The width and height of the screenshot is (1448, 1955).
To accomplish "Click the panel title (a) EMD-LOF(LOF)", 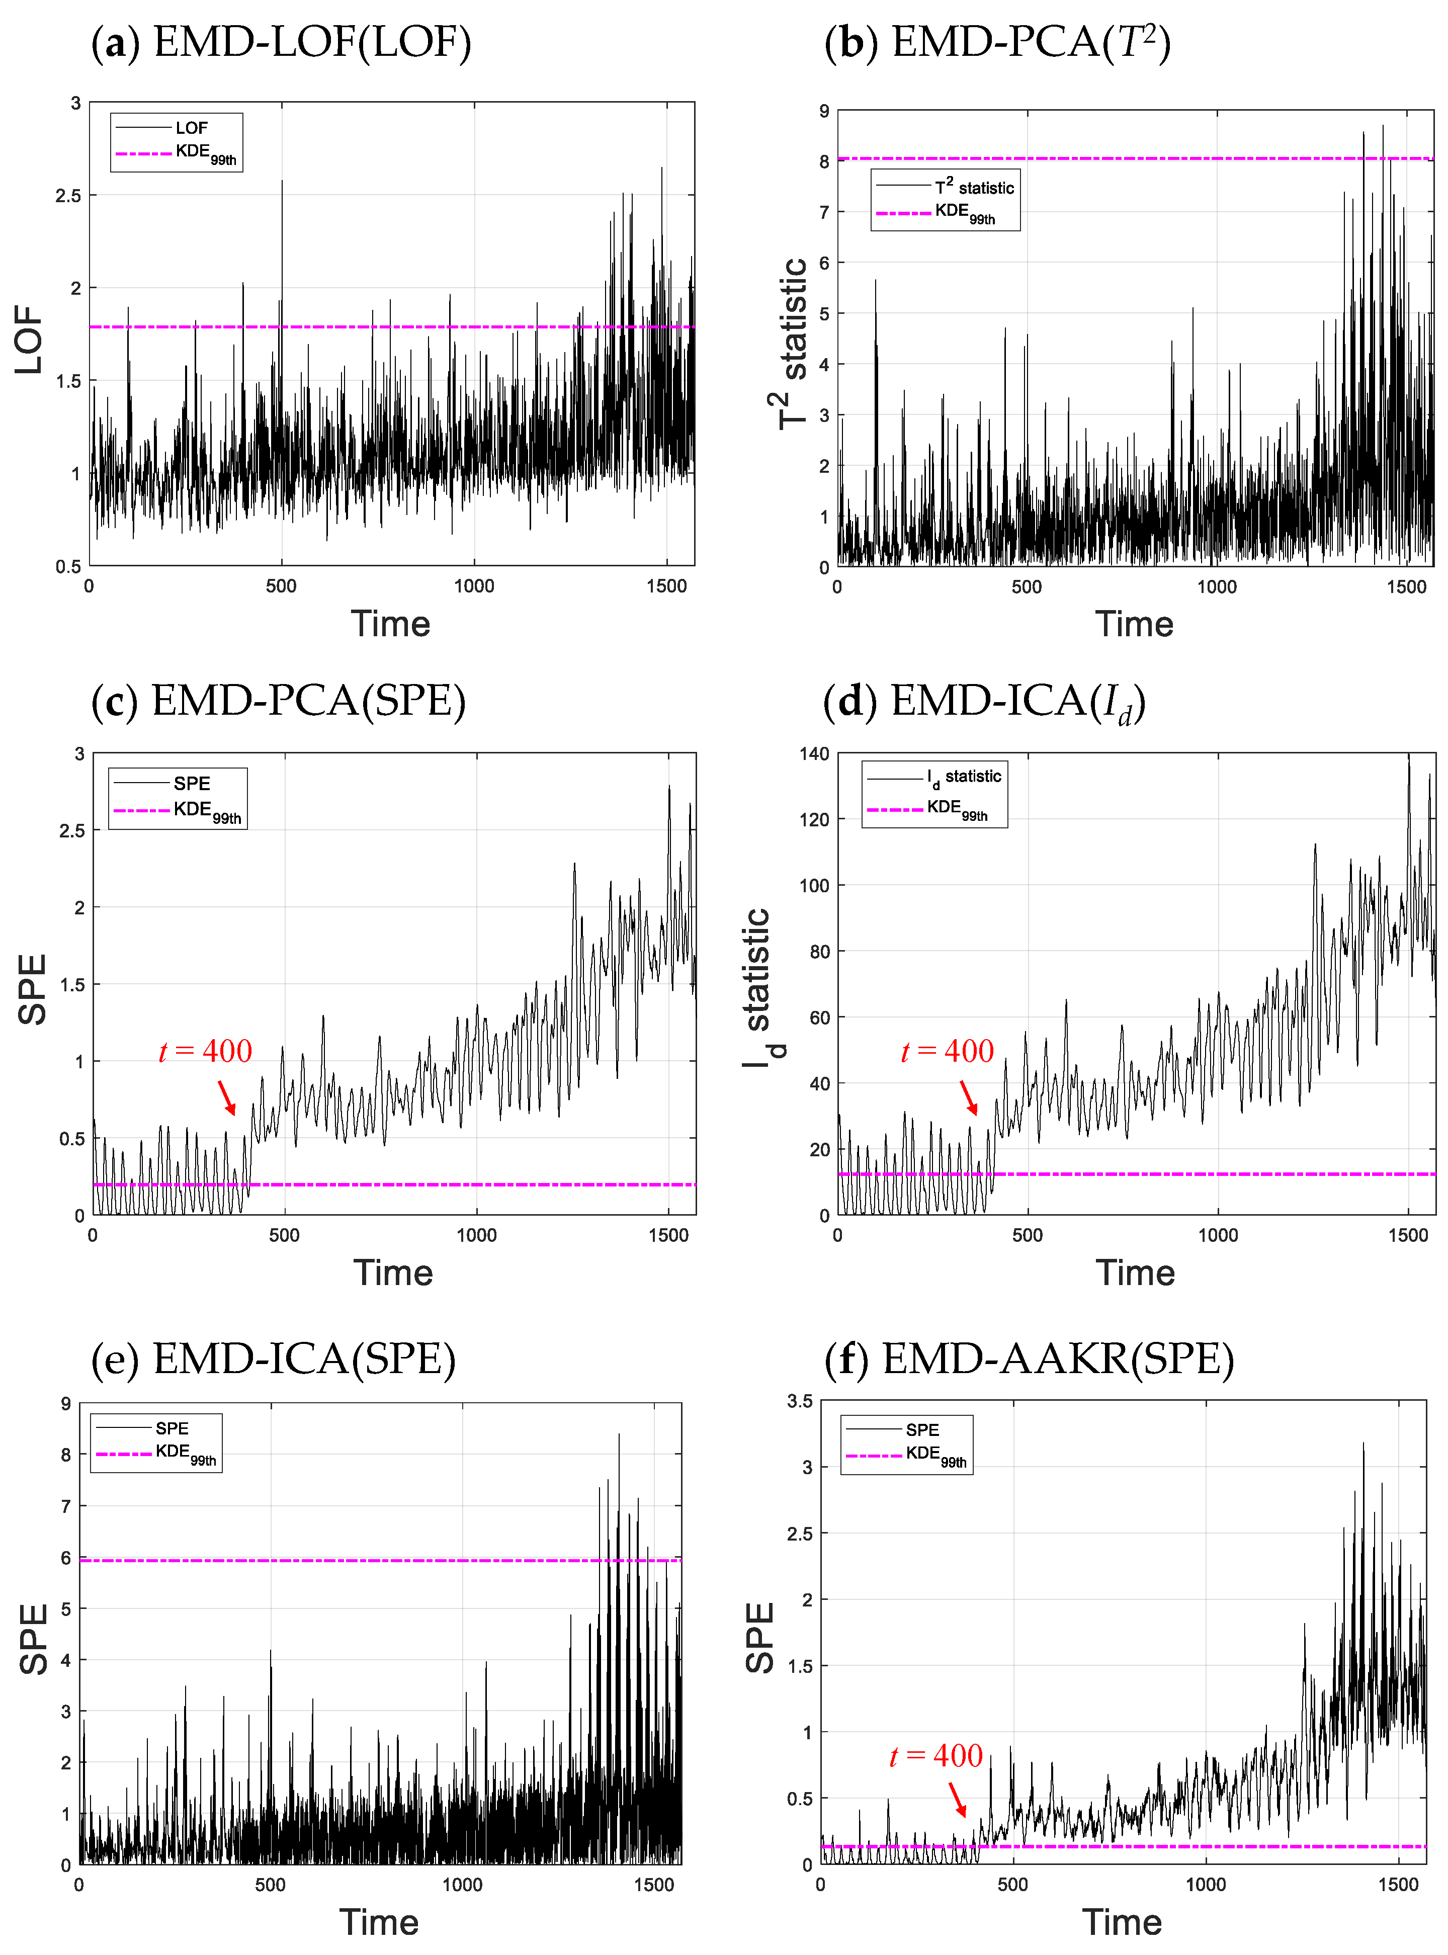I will (x=281, y=42).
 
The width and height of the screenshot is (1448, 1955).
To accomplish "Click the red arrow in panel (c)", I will (x=226, y=1097).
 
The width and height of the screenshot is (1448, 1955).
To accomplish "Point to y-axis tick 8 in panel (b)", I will (x=824, y=161).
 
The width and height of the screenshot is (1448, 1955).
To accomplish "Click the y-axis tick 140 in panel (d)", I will (x=813, y=753).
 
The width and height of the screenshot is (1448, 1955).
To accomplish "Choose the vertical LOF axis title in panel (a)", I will (x=29, y=340).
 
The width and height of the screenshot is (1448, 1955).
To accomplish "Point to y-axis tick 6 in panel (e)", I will (x=66, y=1558).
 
